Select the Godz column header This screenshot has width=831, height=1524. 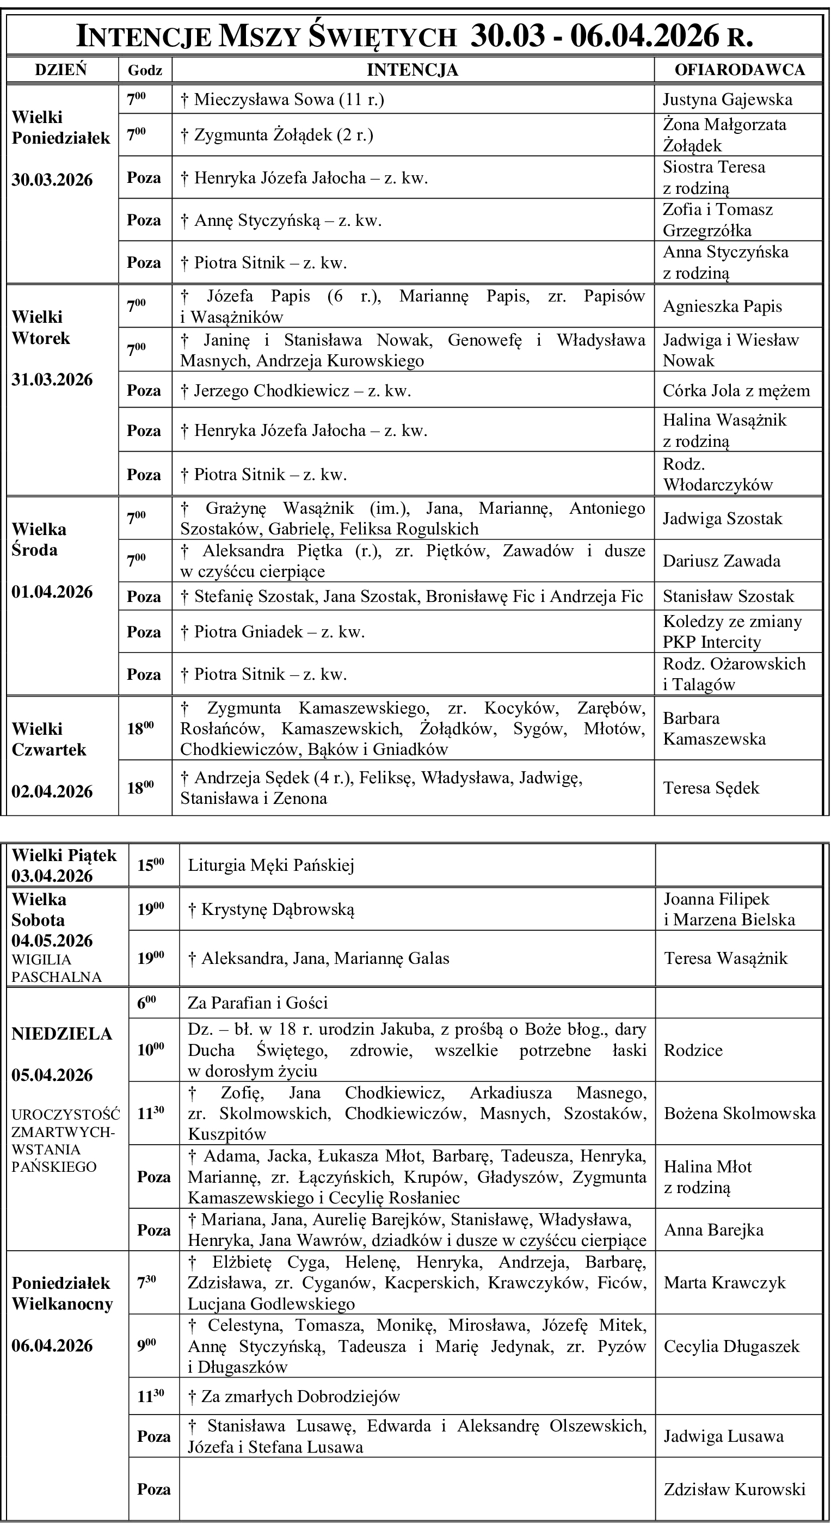pyautogui.click(x=145, y=70)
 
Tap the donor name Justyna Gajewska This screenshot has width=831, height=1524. pyautogui.click(x=727, y=100)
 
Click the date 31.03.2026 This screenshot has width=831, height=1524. pyautogui.click(x=52, y=380)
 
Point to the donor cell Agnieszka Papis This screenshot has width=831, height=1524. pyautogui.click(x=722, y=306)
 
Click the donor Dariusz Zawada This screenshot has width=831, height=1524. pyautogui.click(x=721, y=561)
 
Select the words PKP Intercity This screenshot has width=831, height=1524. pyautogui.click(x=711, y=642)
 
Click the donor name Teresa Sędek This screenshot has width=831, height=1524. pyautogui.click(x=710, y=788)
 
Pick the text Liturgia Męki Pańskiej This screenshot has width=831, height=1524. pyautogui.click(x=271, y=865)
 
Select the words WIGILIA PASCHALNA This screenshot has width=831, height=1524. pyautogui.click(x=56, y=968)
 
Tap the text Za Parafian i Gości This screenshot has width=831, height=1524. pyautogui.click(x=257, y=1003)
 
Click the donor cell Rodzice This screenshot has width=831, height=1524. pyautogui.click(x=693, y=1050)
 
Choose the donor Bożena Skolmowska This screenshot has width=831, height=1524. pyautogui.click(x=740, y=1114)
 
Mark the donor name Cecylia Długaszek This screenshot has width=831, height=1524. pyautogui.click(x=731, y=1347)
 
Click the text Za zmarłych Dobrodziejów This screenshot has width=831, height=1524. pyautogui.click(x=294, y=1396)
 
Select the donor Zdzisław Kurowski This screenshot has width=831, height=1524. pyautogui.click(x=734, y=1489)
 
